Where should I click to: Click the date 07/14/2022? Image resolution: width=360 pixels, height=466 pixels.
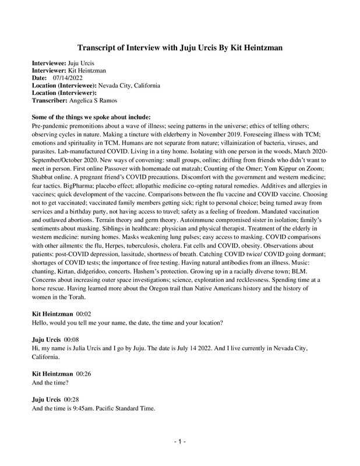(69, 77)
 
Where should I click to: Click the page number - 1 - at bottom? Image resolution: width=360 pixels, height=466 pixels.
(179, 443)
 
